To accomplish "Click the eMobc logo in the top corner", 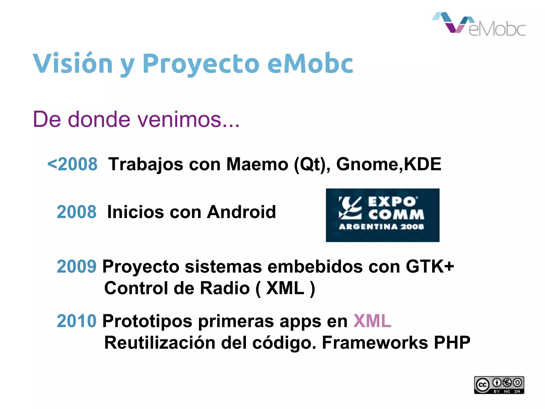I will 478,24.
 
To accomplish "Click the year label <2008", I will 72,164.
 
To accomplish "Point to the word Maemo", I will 257,164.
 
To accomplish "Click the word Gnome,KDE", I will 389,164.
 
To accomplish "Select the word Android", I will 241,212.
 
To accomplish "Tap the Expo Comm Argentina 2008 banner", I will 382,215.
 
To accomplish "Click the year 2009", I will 76,266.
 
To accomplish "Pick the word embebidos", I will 315,266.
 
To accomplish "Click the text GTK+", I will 430,266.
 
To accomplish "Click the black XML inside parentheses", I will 285,288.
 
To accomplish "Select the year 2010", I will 76,321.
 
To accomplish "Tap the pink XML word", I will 372,321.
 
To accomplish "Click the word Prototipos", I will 147,321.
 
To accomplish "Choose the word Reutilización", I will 160,343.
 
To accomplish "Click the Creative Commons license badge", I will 499,385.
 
